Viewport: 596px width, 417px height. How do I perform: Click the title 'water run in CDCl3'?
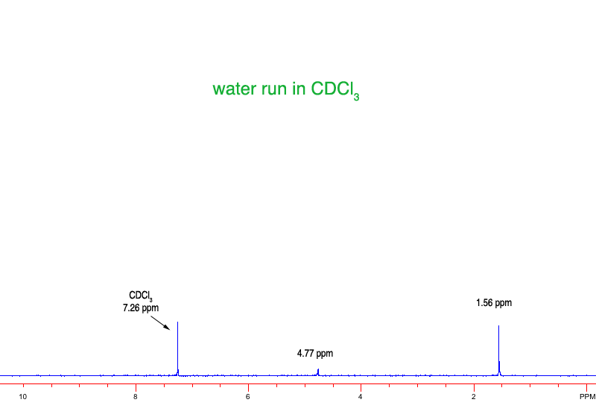click(286, 89)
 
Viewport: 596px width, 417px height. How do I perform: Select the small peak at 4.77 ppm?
click(318, 371)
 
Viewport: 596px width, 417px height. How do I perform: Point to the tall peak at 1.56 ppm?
click(498, 350)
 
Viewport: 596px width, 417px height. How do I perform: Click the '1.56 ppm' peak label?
click(494, 303)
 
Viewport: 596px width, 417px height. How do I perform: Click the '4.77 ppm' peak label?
click(314, 354)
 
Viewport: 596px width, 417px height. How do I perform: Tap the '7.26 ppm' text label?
click(141, 308)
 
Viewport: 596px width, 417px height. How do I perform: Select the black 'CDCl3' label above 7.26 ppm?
click(141, 296)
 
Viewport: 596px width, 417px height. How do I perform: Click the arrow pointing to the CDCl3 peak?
click(160, 322)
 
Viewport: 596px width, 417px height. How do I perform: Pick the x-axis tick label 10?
click(23, 397)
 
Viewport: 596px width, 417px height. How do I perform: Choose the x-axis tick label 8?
click(136, 397)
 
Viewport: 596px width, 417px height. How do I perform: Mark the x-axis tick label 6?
click(248, 397)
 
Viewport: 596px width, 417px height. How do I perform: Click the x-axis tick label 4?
click(361, 397)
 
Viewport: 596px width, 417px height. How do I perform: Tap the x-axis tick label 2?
click(474, 397)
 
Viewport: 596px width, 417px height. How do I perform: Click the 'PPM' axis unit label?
click(586, 397)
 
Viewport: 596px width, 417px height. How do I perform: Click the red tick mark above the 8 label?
click(136, 386)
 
